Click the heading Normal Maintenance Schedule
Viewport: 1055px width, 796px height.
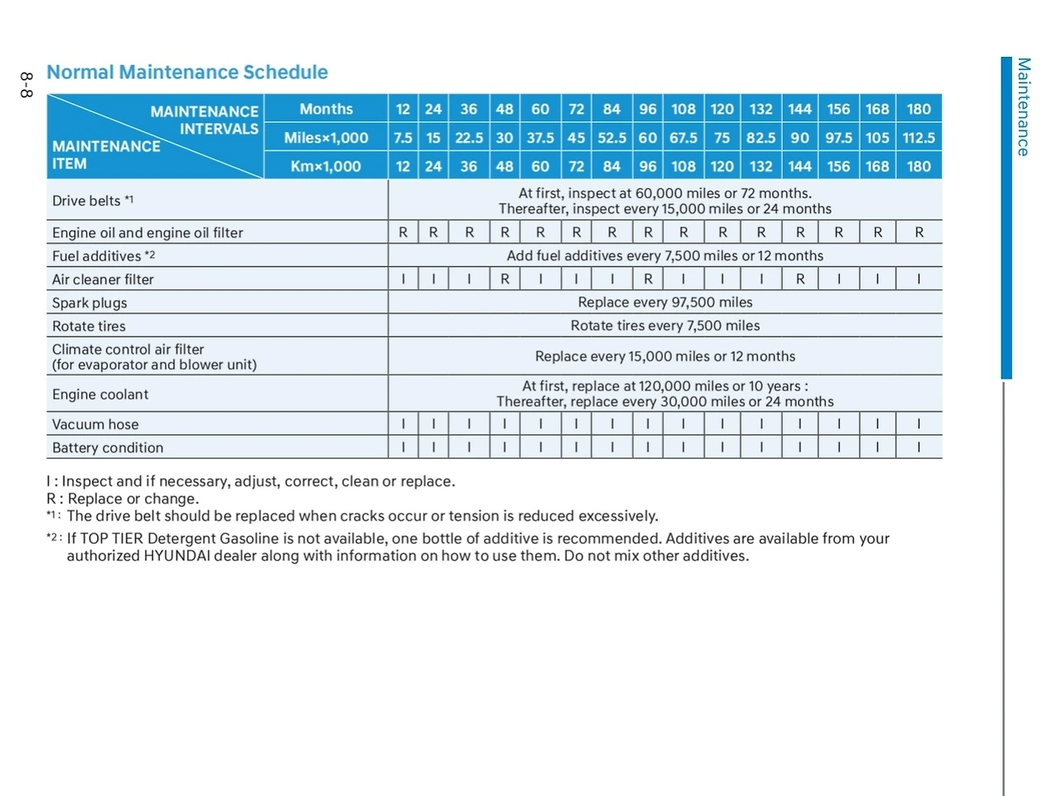click(x=187, y=73)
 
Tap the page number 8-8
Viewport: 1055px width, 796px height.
click(x=26, y=85)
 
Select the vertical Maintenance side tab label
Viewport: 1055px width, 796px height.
click(x=1023, y=107)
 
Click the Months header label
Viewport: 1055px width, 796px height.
click(x=326, y=109)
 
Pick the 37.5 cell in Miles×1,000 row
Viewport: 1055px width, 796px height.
click(x=540, y=138)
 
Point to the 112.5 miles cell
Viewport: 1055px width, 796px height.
click(x=918, y=138)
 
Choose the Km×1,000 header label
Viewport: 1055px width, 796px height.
click(x=326, y=166)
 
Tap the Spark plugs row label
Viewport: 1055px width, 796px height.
click(x=89, y=302)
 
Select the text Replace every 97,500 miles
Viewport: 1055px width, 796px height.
click(x=664, y=302)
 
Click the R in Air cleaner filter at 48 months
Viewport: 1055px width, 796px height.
click(x=504, y=279)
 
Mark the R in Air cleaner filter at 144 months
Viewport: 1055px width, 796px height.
click(x=799, y=279)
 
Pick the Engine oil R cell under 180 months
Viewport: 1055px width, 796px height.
click(x=918, y=232)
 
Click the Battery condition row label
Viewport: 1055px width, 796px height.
click(x=107, y=447)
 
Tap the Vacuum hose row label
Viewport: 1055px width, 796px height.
click(x=95, y=424)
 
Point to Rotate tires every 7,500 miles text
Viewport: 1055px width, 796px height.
click(x=664, y=325)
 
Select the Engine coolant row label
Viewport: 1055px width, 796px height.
click(x=100, y=394)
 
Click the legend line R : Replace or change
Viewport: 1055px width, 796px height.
click(x=123, y=499)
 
